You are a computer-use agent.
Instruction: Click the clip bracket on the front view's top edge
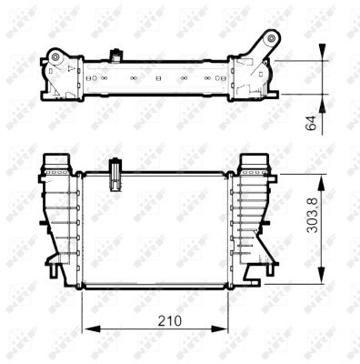[x=115, y=174]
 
